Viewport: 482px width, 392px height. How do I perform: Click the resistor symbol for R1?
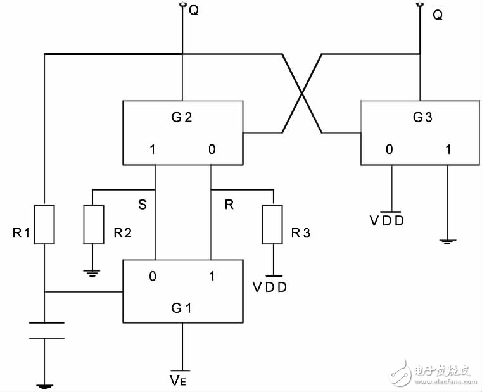coord(44,224)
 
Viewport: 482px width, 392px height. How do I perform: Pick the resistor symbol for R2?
coord(93,224)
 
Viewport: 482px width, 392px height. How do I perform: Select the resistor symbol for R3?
coord(272,224)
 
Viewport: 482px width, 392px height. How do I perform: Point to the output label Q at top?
coord(194,11)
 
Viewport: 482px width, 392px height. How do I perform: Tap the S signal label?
coord(143,205)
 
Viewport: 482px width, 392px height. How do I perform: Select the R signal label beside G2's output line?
coord(230,205)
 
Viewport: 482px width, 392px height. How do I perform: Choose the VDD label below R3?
coord(270,286)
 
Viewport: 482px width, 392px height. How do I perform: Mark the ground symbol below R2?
coord(93,274)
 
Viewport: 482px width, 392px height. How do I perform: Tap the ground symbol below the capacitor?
coord(44,384)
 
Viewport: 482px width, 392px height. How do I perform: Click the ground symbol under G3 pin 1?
coord(448,241)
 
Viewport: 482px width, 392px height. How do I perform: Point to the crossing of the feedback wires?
coord(302,94)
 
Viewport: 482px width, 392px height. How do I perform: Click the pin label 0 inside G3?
coord(390,151)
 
